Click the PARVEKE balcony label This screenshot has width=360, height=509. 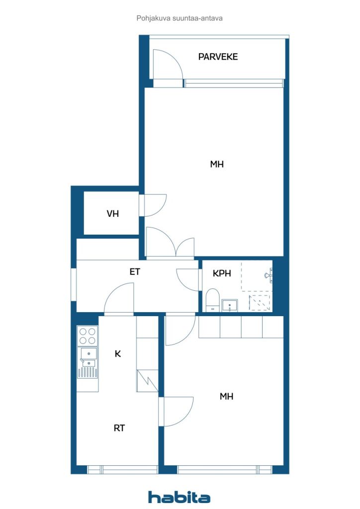pos(218,57)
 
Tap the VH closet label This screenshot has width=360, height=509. pos(113,214)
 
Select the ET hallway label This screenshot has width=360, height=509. pos(135,272)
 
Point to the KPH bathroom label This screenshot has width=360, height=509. pos(222,273)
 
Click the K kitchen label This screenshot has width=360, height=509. pos(118,353)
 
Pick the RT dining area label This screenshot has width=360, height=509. pos(119,428)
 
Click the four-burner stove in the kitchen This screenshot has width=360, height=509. pos(88,336)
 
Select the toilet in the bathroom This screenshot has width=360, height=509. pos(213,300)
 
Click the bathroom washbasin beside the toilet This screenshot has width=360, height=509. pos(230,306)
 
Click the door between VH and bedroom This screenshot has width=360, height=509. pos(153,205)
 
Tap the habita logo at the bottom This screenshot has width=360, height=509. pos(179,497)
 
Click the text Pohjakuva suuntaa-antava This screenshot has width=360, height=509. pos(180,18)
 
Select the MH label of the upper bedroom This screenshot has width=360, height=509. pos(217,164)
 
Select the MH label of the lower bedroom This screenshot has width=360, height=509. pos(226,396)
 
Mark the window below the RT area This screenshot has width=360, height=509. pos(122,469)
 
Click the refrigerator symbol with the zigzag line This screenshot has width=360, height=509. pos(147,381)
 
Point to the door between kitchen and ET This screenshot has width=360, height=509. pos(119,299)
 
